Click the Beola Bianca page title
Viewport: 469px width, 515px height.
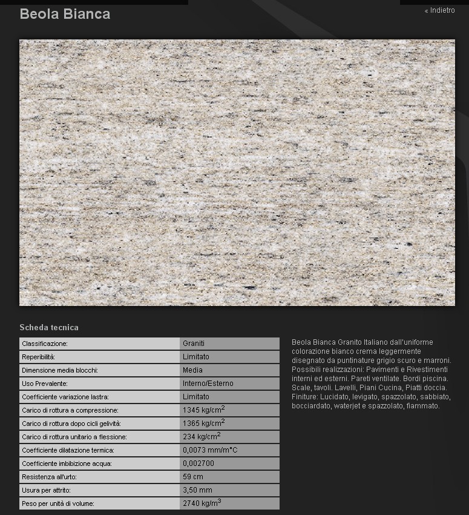pyautogui.click(x=65, y=14)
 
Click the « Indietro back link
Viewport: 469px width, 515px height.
pyautogui.click(x=440, y=10)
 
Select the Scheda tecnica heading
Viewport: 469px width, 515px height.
pyautogui.click(x=49, y=327)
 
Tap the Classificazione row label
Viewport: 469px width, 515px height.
pyautogui.click(x=45, y=344)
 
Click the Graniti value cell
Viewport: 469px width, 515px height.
pyautogui.click(x=194, y=344)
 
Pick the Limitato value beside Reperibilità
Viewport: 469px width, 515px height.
pyautogui.click(x=196, y=357)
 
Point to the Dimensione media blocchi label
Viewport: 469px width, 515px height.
pyautogui.click(x=60, y=370)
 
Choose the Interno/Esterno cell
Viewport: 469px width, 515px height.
pyautogui.click(x=208, y=384)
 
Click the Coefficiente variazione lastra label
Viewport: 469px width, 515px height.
pyautogui.click(x=65, y=397)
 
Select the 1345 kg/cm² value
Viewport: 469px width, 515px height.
pyautogui.click(x=203, y=410)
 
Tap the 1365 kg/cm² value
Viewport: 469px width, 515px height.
pyautogui.click(x=203, y=424)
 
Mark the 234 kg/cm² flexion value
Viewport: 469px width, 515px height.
pyautogui.click(x=201, y=437)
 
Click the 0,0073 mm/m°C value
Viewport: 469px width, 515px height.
pyautogui.click(x=209, y=450)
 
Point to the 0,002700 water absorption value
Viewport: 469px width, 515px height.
pyautogui.click(x=198, y=463)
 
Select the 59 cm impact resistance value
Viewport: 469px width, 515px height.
pyautogui.click(x=193, y=477)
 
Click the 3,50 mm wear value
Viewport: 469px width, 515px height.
pyautogui.click(x=197, y=490)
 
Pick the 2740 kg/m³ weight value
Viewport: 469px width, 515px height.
pyautogui.click(x=202, y=503)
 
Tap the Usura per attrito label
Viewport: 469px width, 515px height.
pyautogui.click(x=46, y=490)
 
